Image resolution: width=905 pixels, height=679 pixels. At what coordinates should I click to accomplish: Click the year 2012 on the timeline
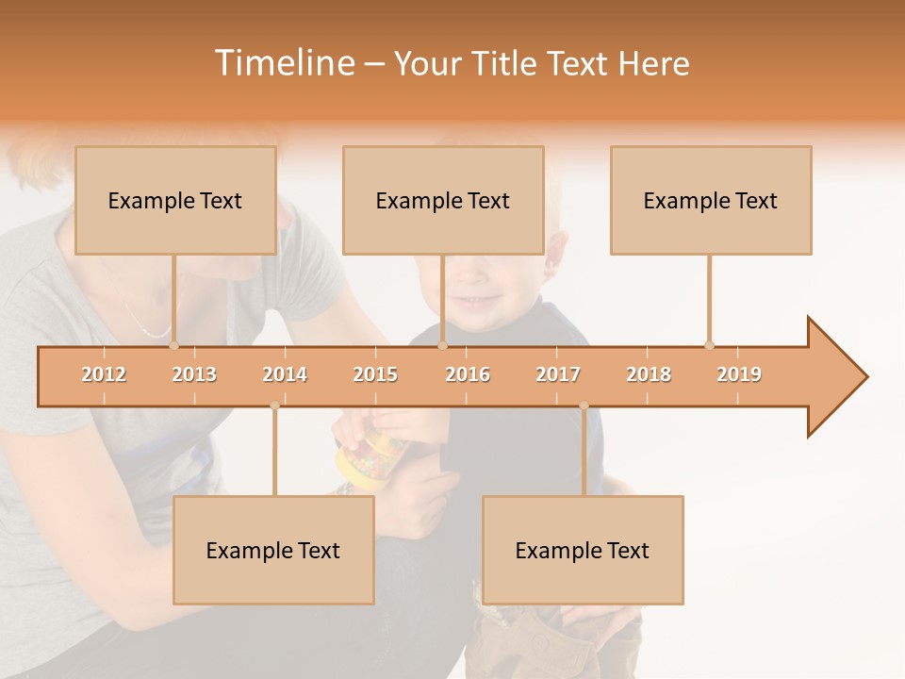pyautogui.click(x=104, y=374)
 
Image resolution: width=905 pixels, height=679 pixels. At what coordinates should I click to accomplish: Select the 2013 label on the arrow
pyautogui.click(x=194, y=374)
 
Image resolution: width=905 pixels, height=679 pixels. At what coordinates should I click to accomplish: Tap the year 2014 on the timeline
pyautogui.click(x=285, y=374)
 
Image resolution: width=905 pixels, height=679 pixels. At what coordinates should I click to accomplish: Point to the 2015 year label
pyautogui.click(x=375, y=374)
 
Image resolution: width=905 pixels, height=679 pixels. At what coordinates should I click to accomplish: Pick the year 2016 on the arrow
pyautogui.click(x=468, y=374)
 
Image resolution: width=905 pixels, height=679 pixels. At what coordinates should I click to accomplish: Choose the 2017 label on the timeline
pyautogui.click(x=558, y=374)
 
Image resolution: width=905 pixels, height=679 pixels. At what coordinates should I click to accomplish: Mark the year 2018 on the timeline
pyautogui.click(x=649, y=374)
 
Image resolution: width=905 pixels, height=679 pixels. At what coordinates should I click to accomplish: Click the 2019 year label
pyautogui.click(x=739, y=374)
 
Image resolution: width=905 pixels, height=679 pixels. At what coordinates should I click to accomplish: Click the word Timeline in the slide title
pyautogui.click(x=283, y=63)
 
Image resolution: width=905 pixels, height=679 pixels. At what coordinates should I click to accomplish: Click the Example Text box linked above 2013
pyautogui.click(x=175, y=200)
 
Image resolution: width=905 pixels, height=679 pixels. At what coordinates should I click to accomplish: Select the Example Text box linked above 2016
pyautogui.click(x=443, y=200)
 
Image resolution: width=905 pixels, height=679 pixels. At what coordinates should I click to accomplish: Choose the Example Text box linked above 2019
pyautogui.click(x=711, y=200)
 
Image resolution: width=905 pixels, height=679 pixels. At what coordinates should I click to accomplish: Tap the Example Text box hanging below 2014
pyautogui.click(x=273, y=550)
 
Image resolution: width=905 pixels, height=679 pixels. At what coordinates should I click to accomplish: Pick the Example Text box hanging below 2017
pyautogui.click(x=583, y=550)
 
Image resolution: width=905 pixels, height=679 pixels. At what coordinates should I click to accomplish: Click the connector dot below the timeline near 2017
pyautogui.click(x=584, y=406)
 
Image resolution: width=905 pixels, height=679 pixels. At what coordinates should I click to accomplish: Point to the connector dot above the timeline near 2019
pyautogui.click(x=709, y=345)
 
